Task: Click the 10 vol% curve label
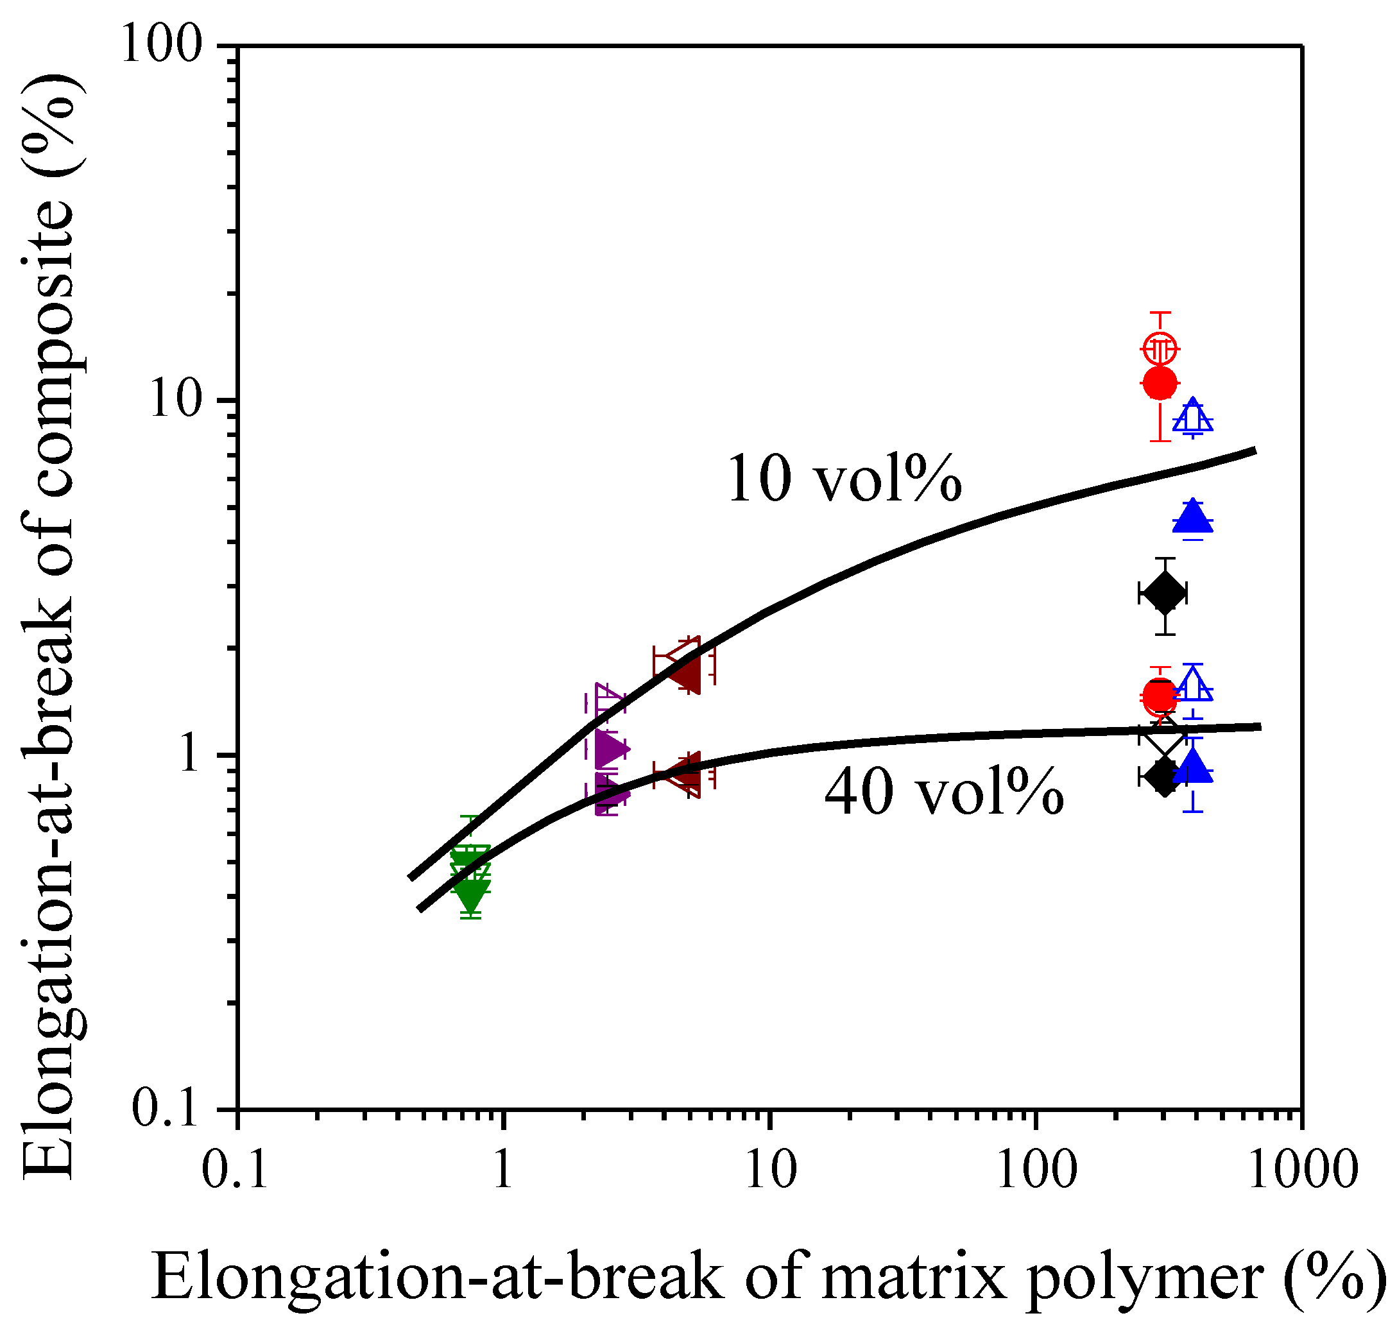[x=843, y=479]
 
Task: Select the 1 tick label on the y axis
[x=189, y=754]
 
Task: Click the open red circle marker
[x=1159, y=348]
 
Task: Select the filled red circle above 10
[x=1159, y=382]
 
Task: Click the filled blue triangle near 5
[x=1192, y=517]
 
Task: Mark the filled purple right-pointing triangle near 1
[x=610, y=748]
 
